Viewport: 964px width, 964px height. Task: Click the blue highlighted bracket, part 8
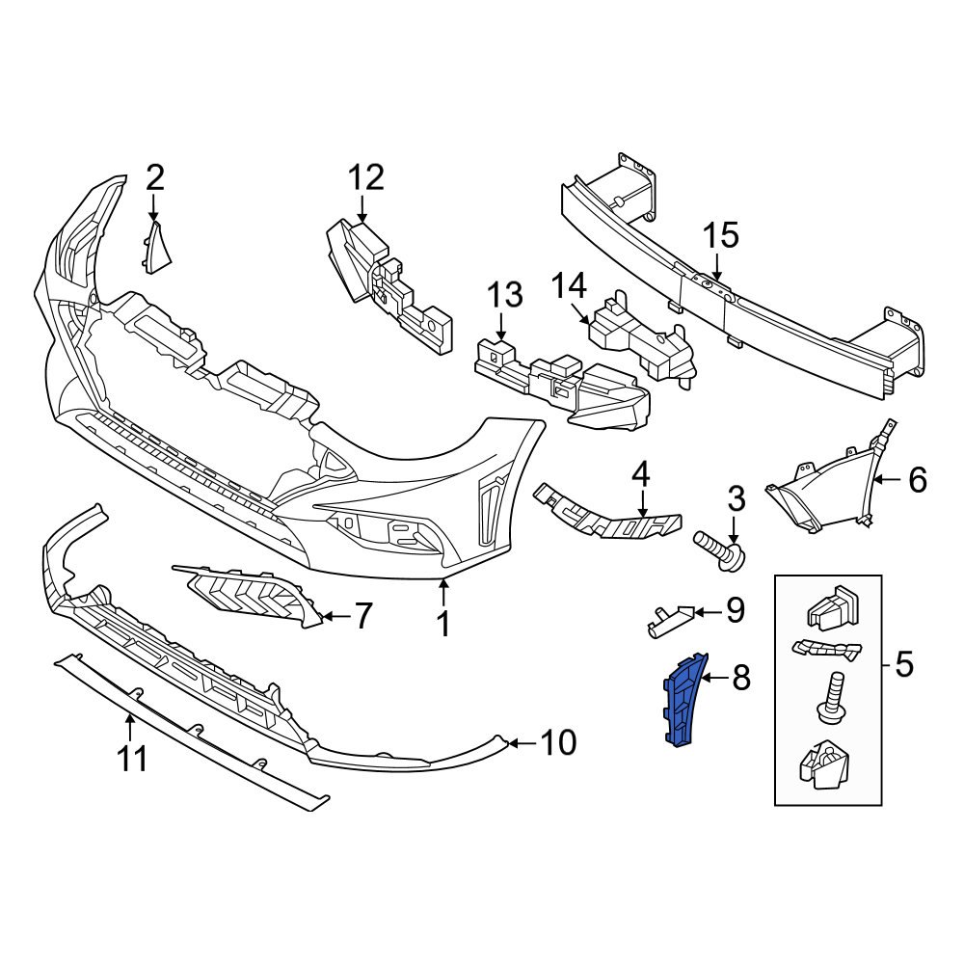[682, 700]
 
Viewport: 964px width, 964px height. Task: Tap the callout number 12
[365, 177]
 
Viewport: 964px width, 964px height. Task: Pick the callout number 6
[916, 479]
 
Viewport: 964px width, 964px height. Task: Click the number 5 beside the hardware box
[902, 663]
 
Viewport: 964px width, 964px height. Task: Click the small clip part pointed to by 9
[666, 619]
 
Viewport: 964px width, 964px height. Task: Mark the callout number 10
[558, 742]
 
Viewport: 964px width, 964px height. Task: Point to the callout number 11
[132, 758]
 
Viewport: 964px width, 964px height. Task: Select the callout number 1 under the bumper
[442, 624]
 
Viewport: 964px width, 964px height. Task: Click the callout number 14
[569, 285]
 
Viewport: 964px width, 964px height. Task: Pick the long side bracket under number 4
[607, 514]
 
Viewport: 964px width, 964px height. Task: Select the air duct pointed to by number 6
[819, 492]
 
